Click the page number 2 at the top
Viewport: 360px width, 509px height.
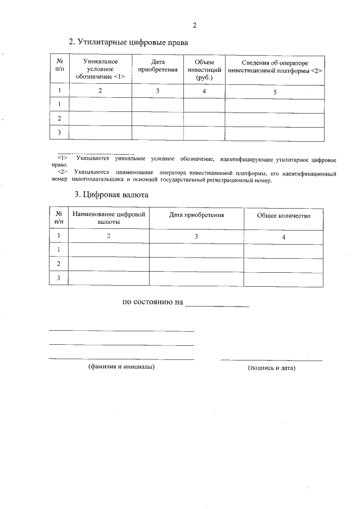coord(195,25)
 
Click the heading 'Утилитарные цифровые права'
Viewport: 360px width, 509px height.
coord(128,42)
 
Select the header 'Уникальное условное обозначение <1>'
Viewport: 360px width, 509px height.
coord(100,69)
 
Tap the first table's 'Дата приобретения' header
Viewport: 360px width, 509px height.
coord(157,65)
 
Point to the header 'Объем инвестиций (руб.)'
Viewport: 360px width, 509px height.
coord(204,69)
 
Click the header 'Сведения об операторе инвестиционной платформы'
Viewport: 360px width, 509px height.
coord(274,65)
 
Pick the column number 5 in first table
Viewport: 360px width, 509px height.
coord(274,91)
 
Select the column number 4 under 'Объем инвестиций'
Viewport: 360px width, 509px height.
coord(204,91)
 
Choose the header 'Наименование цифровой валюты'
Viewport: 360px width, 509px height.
coord(109,218)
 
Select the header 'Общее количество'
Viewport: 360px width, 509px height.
coord(283,215)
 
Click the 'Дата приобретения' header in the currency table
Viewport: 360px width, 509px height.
coord(196,215)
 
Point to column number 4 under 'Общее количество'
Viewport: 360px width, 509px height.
coord(283,237)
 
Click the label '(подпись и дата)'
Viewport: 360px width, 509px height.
coord(272,368)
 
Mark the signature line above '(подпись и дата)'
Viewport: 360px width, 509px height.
coord(272,359)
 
